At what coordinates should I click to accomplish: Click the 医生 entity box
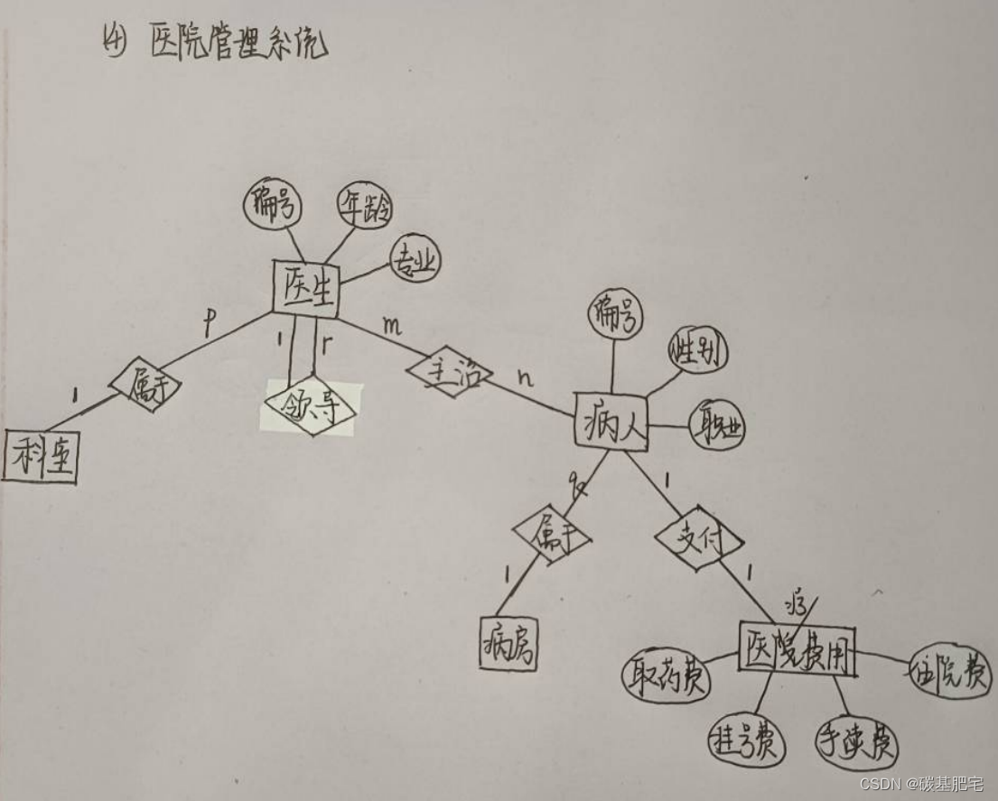point(305,290)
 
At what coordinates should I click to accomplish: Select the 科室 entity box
point(40,458)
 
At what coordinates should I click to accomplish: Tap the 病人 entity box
point(612,422)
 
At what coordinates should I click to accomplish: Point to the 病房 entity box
point(508,644)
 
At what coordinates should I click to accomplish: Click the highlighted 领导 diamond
point(311,408)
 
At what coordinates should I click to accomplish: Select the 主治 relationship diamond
point(449,371)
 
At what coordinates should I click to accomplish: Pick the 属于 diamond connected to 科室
point(145,387)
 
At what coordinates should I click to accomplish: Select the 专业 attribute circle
point(415,260)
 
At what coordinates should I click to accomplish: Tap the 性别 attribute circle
point(698,349)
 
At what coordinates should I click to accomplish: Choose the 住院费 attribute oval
point(951,673)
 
